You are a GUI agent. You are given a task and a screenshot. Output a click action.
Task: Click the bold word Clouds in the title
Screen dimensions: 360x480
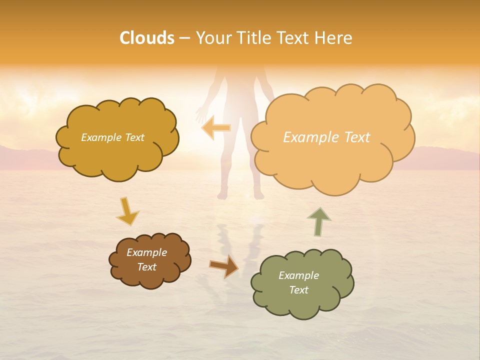[147, 38]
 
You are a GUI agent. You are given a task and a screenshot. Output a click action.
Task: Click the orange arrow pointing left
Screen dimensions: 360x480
[216, 128]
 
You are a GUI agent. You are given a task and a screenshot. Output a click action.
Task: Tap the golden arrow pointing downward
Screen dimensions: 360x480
[127, 211]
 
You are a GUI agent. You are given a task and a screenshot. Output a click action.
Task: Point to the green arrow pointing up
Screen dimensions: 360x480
[319, 221]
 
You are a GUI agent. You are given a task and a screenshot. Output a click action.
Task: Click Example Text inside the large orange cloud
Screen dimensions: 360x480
[326, 137]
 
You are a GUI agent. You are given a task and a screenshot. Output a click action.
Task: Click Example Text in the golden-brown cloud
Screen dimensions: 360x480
[112, 137]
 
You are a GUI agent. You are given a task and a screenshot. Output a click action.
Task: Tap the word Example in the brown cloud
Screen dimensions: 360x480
[146, 252]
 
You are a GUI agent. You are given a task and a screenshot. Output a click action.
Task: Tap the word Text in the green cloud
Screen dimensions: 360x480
[298, 290]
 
